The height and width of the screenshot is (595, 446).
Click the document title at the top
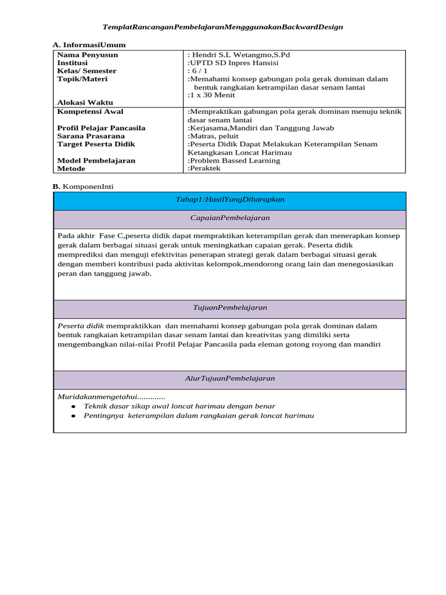222,27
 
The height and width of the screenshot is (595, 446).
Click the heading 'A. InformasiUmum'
89,45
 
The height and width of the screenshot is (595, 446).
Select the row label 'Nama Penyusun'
87,55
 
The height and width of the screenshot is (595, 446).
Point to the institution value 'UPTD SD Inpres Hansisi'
233,63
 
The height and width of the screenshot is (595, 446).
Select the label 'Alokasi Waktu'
85,102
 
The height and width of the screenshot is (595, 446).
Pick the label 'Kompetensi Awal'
90,112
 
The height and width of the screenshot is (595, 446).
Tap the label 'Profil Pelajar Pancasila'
101,128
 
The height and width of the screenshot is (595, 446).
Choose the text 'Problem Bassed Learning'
235,160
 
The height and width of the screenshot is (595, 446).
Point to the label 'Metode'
71,169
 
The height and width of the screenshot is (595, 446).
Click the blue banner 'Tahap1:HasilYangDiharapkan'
230,199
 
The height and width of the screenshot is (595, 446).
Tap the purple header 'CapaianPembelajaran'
230,218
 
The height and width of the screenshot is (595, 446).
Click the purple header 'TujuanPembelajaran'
230,307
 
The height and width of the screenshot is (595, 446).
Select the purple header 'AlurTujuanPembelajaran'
230,378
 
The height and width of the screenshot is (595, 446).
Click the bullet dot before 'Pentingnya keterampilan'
73,416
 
